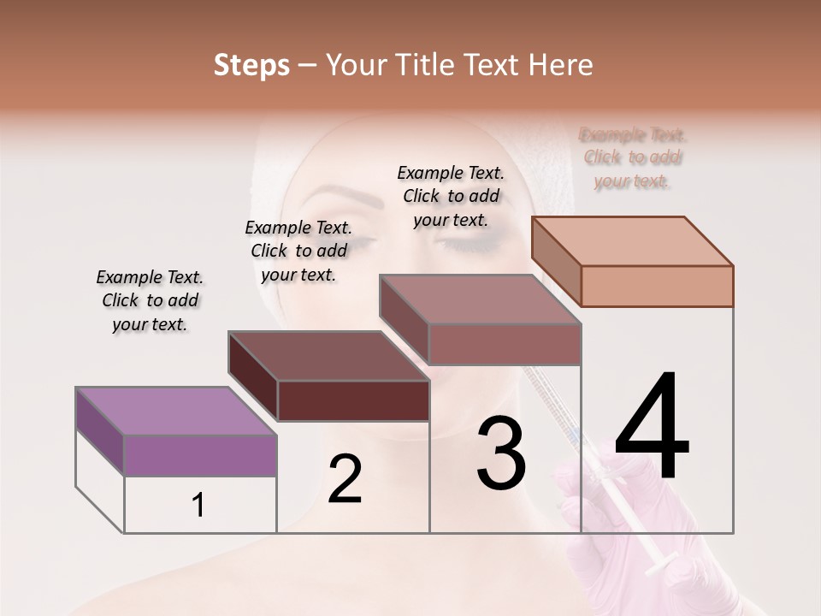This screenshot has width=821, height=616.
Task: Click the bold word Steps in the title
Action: (x=251, y=66)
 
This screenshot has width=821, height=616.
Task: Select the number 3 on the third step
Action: (x=501, y=453)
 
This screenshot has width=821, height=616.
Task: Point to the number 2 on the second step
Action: (x=346, y=479)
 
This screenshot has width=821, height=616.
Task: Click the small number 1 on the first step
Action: (x=198, y=506)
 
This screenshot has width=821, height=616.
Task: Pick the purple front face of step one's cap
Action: (x=200, y=454)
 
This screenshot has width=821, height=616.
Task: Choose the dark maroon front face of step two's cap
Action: (x=353, y=400)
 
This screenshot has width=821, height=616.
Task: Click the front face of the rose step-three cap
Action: (x=505, y=344)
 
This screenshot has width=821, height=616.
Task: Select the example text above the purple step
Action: (x=150, y=300)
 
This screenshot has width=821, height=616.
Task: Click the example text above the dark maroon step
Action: (x=298, y=251)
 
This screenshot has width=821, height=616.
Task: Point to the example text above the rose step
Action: (x=451, y=196)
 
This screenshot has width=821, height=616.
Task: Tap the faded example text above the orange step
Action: (x=633, y=157)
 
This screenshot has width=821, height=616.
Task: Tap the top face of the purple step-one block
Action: (x=176, y=411)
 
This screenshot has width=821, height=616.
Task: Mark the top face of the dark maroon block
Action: (x=328, y=355)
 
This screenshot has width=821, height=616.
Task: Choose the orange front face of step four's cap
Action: (x=657, y=286)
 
